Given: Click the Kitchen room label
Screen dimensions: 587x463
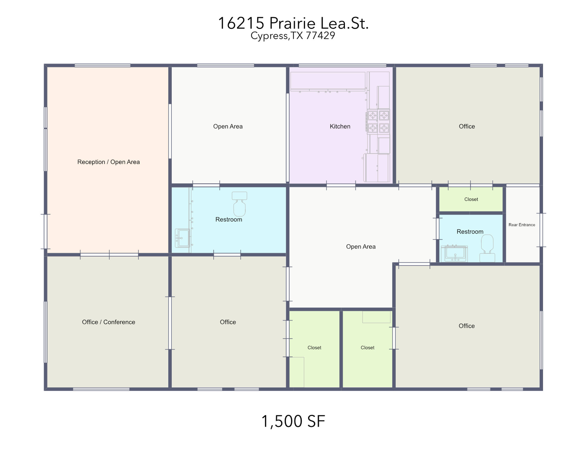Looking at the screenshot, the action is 340,126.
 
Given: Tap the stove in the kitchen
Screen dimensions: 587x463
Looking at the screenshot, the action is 378,122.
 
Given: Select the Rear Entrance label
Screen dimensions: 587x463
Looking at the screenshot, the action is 522,225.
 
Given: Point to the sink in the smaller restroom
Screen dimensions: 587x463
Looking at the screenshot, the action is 454,254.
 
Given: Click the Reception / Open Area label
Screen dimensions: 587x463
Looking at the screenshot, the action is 108,162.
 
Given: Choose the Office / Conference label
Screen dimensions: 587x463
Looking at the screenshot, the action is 108,322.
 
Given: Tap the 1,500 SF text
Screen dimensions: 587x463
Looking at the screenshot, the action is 293,421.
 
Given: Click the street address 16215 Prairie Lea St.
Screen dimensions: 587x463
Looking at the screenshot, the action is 293,23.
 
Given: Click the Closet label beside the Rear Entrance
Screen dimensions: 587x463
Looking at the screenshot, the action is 471,199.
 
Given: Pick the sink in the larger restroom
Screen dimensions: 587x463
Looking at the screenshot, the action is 182,238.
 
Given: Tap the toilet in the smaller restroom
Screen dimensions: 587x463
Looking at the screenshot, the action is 487,248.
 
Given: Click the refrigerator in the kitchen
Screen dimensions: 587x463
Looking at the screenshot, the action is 377,168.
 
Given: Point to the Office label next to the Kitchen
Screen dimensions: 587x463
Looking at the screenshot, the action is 467,126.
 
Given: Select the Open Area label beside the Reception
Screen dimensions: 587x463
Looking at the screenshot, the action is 228,126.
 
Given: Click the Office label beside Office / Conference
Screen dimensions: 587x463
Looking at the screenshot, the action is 228,322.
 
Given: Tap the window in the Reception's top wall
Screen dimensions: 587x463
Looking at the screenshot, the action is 103,65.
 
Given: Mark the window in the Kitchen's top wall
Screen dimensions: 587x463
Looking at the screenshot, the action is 342,65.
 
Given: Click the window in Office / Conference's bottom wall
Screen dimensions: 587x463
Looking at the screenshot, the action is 101,389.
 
